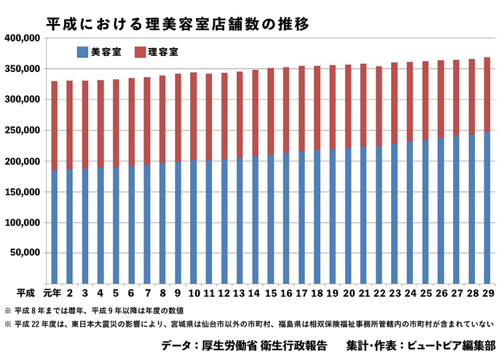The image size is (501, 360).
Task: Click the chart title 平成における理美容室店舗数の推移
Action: click(177, 25)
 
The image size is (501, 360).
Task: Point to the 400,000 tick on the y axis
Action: click(22, 38)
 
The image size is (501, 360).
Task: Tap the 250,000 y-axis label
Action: click(22, 131)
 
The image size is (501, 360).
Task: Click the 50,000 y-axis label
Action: click(25, 253)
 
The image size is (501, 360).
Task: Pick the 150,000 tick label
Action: click(22, 192)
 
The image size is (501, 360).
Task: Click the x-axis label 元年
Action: click(53, 293)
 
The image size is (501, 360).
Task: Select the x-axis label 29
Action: click(487, 293)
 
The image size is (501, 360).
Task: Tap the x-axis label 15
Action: click(270, 293)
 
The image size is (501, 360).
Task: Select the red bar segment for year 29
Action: click(487, 95)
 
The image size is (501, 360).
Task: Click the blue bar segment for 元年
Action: click(54, 227)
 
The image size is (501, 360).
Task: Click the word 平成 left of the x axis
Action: click(26, 293)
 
